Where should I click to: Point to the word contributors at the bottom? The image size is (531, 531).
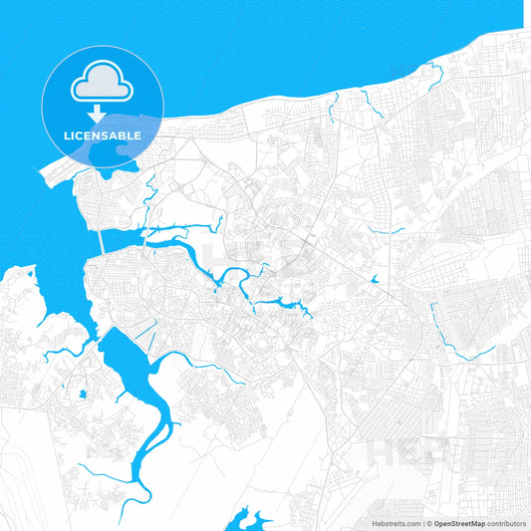(506, 523)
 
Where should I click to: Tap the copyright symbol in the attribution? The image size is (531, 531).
(429, 523)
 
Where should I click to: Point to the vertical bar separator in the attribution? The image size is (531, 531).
(424, 523)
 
